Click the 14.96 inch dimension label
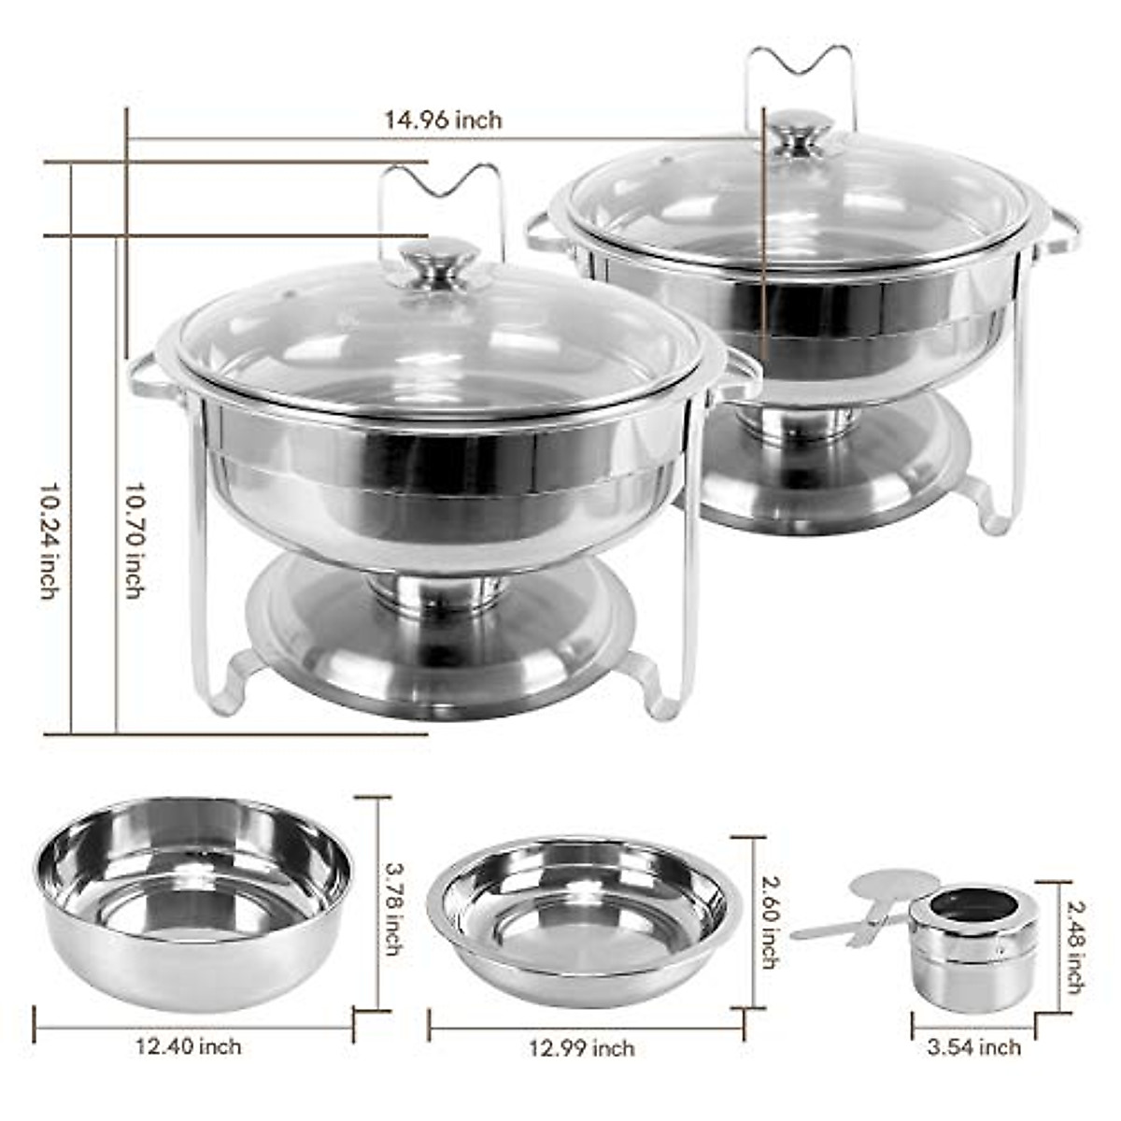pos(443,120)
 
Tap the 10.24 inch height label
pos(49,541)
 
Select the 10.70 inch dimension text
pos(135,541)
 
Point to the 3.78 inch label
pos(393,907)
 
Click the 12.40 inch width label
pos(189,1046)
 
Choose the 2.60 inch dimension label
pos(769,920)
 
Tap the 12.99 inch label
pos(582,1048)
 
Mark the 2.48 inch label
pos(1075,945)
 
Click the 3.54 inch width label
pos(973,1047)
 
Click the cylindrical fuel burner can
pos(972,947)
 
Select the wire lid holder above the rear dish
pos(800,75)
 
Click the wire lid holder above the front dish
pos(441,196)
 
